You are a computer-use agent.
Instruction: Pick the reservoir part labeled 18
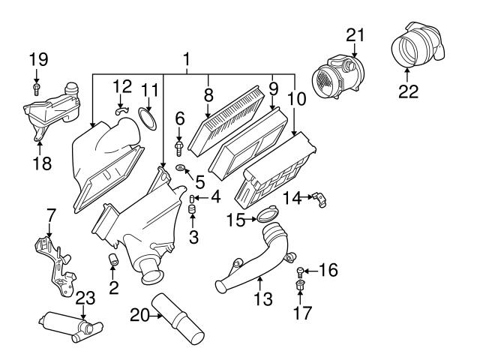pos(49,111)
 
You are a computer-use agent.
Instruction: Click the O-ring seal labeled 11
pos(148,117)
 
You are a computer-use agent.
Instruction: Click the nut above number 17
pos(301,289)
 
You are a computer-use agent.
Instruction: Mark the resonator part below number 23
pos(69,326)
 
